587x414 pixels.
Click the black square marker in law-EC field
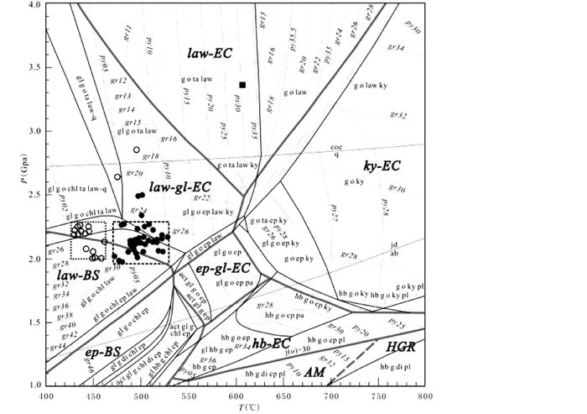click(242, 85)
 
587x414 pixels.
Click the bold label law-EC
click(210, 53)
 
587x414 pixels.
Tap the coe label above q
click(335, 146)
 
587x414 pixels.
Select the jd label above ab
click(393, 244)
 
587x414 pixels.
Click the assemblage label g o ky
click(353, 181)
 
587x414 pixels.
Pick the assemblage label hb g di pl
click(393, 366)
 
